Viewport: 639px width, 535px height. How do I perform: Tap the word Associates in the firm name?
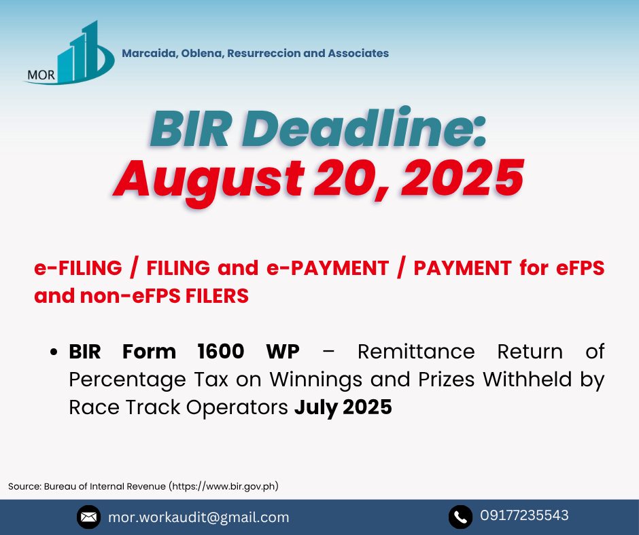358,54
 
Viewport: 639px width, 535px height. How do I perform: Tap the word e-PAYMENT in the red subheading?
328,268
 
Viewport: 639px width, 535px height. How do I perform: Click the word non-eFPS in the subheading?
130,295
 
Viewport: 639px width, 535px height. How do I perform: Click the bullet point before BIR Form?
54,352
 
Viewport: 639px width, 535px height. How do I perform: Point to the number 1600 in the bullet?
220,352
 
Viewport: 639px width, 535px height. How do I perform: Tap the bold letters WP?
283,352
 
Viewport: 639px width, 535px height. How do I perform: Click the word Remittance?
416,352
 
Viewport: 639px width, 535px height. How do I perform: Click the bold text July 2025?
343,407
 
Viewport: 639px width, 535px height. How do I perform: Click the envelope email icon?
88,517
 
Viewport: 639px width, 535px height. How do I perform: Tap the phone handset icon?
460,517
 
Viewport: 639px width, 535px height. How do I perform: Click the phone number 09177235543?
524,515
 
